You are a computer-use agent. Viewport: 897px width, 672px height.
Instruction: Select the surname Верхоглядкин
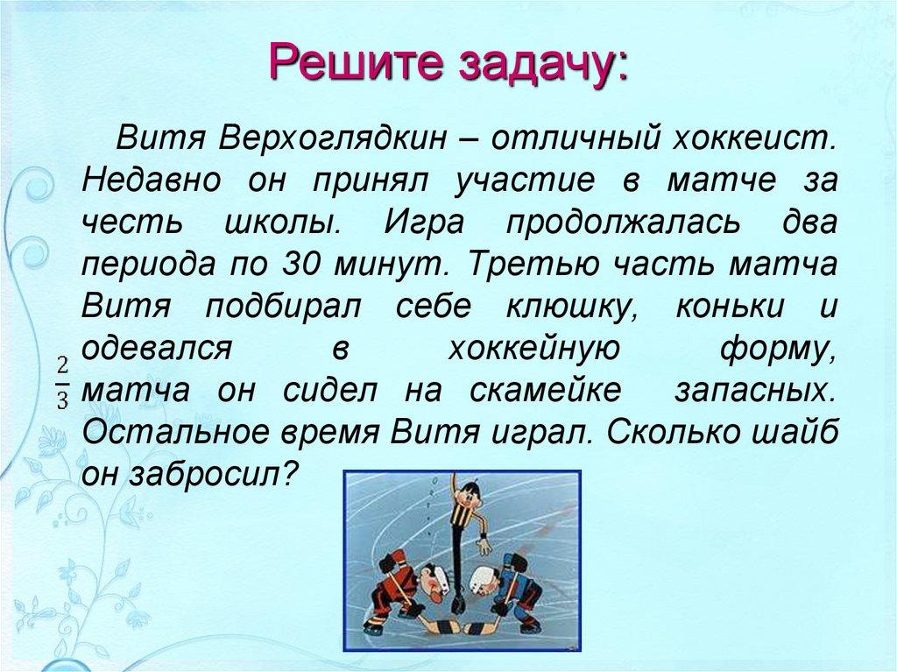(x=332, y=138)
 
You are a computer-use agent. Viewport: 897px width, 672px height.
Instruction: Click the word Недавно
(x=152, y=180)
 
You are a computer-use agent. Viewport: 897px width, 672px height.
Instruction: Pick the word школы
(x=281, y=223)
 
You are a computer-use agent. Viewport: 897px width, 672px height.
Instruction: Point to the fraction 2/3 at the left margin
(x=62, y=383)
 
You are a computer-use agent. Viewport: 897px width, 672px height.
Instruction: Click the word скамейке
(x=545, y=391)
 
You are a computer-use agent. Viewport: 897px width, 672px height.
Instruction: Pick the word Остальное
(x=181, y=433)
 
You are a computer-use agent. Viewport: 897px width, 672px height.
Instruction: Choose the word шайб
(x=795, y=433)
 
